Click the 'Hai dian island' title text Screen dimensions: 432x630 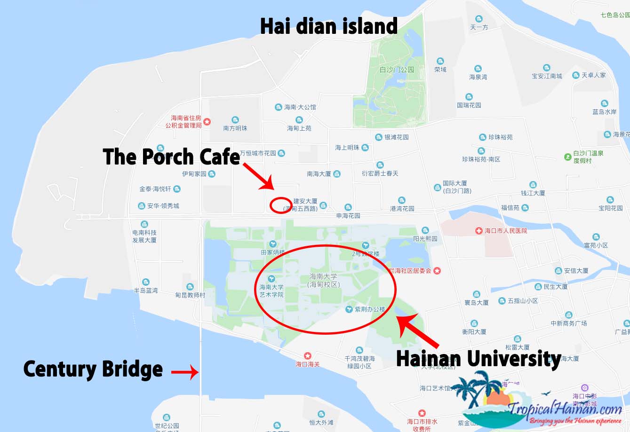[329, 26]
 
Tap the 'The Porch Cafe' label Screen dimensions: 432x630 [171, 157]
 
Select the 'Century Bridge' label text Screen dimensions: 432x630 [93, 369]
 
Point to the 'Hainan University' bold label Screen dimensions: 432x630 [478, 359]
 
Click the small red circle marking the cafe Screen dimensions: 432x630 [281, 205]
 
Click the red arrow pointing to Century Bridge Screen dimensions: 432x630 [184, 373]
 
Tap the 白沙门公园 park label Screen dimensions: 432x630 [397, 70]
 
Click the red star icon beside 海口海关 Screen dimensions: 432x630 [308, 355]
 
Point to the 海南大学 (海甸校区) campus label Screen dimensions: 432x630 [323, 281]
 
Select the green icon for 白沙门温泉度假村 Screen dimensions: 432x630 [568, 156]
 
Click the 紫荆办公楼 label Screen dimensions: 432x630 [370, 309]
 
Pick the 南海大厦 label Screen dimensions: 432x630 [319, 174]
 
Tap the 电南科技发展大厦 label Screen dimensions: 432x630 [144, 236]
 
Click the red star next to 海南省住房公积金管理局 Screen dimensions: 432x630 [207, 122]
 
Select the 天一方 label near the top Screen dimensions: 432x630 [479, 27]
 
